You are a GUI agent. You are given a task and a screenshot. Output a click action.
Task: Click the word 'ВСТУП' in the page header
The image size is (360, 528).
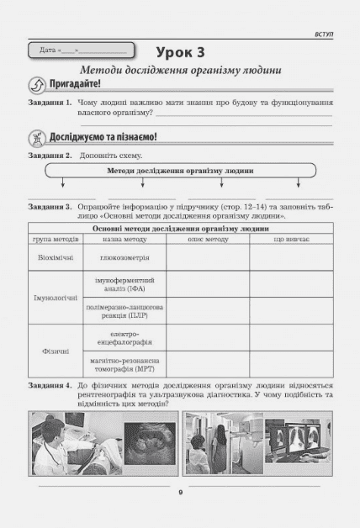321,34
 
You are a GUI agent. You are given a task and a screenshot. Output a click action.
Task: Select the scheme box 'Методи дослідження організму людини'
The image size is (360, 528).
180,171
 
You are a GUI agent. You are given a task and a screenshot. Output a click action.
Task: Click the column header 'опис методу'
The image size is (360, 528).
207,240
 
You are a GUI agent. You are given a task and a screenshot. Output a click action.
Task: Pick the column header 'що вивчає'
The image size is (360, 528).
290,240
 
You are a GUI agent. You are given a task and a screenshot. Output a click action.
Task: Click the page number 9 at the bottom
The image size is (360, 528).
180,494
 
